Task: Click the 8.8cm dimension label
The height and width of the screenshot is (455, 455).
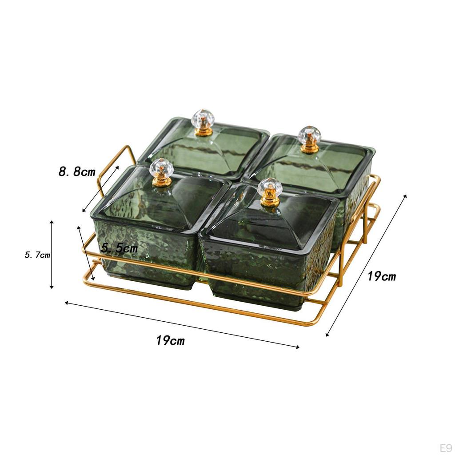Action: tap(77, 172)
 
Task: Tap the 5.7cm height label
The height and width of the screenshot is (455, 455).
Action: tap(37, 255)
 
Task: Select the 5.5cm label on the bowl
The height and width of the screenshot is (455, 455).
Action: tap(120, 248)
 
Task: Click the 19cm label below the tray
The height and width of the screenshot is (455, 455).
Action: tap(170, 340)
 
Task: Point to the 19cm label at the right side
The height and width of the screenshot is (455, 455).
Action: tap(382, 276)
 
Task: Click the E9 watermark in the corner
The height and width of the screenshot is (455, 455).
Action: tap(446, 448)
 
